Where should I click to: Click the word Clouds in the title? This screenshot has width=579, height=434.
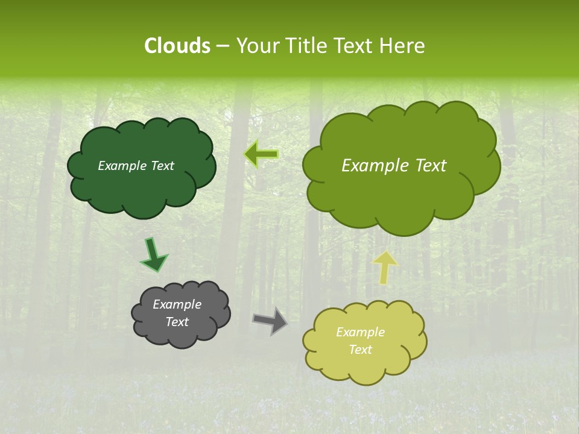point(177,46)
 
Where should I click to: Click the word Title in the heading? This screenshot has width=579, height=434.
point(305,46)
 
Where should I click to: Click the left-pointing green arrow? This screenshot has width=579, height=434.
point(261,154)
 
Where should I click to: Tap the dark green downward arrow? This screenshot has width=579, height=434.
point(153,254)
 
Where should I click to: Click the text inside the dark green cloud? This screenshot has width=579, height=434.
point(136,166)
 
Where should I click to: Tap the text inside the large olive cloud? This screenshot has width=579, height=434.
point(394,166)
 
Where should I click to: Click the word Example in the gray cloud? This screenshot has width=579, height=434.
point(177,304)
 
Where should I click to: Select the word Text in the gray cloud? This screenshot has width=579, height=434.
point(177,322)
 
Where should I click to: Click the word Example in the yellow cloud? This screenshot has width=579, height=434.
point(360,332)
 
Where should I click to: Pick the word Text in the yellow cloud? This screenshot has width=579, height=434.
point(360,350)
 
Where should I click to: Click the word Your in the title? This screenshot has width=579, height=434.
point(256,46)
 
